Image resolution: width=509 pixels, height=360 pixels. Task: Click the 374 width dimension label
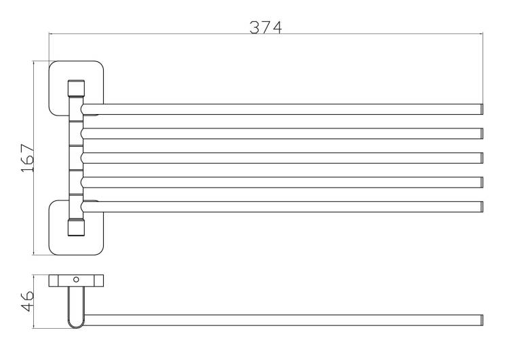coord(265,27)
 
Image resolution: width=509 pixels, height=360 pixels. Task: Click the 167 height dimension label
coord(28,158)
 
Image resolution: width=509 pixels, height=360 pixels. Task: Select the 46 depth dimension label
coord(28,301)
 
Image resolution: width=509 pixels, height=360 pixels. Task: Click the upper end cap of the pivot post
coord(76,88)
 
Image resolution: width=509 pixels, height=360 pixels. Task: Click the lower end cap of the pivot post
coord(76,228)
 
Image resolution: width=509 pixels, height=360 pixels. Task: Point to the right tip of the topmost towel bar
coord(482,109)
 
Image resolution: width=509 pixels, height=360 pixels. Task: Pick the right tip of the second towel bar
coord(482,134)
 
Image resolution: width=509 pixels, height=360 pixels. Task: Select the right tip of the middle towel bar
coord(482,158)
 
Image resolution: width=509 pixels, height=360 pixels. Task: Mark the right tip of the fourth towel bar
coord(482,182)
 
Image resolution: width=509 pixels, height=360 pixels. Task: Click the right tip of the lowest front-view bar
coord(482,206)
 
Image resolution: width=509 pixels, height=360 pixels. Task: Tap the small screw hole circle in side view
coord(76,279)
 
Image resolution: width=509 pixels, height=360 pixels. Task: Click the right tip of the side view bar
coord(482,320)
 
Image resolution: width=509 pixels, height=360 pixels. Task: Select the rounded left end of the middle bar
coord(82,158)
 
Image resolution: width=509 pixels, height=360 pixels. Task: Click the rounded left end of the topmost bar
coord(82,109)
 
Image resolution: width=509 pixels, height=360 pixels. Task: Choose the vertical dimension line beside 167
coord(34,158)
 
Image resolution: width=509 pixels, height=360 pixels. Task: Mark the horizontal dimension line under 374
coord(266,33)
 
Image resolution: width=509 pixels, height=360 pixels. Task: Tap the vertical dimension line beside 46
coord(34,302)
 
